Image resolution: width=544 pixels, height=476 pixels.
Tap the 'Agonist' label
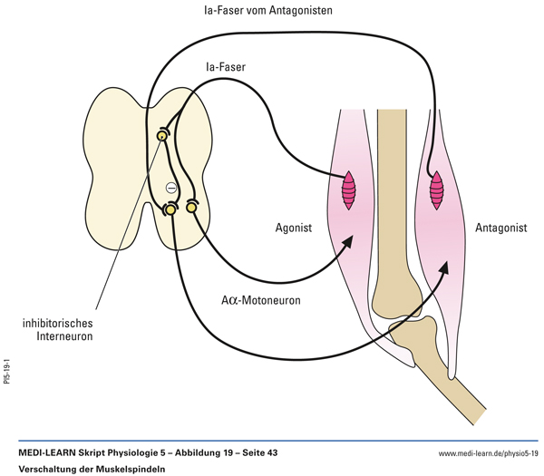point(291,228)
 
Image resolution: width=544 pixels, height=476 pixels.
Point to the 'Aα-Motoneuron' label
point(259,298)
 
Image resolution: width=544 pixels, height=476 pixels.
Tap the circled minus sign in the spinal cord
point(170,187)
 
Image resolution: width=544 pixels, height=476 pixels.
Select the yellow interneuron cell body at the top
point(162,136)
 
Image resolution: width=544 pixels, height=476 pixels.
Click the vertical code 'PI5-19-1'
point(7,373)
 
